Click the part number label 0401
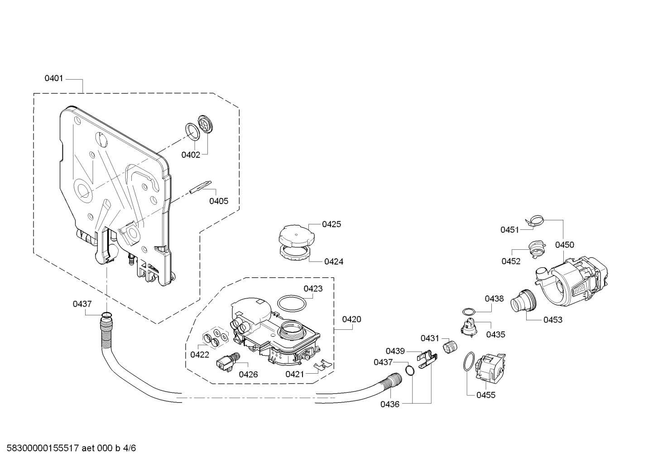pos(53,78)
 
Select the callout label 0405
pos(219,201)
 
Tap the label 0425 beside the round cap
pos(331,224)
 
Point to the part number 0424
pos(334,261)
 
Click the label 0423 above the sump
pos(313,289)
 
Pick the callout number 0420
pos(351,319)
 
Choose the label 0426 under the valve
pos(248,374)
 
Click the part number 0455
pos(486,395)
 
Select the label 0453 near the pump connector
pos(553,320)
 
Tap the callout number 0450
pos(564,245)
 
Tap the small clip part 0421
pos(322,364)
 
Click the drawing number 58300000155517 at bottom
pos(43,448)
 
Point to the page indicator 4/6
pos(130,448)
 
